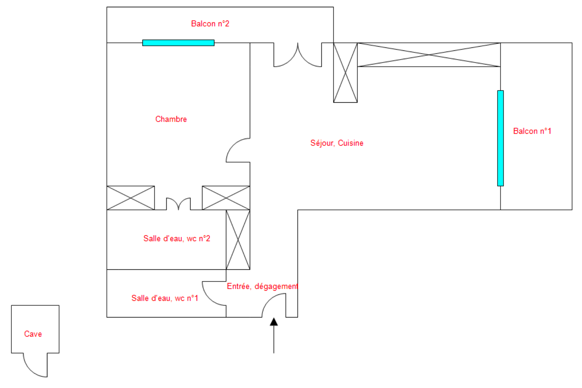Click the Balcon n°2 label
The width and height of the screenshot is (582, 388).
(210, 23)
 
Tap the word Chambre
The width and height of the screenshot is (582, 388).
(171, 119)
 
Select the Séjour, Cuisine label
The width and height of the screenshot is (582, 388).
(336, 143)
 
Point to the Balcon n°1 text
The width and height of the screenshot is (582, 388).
(532, 131)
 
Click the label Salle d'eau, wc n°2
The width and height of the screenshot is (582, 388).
(177, 238)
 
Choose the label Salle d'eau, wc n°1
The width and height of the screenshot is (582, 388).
(164, 298)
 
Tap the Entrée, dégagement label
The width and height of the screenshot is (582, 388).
(262, 286)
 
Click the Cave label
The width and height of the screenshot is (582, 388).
(33, 334)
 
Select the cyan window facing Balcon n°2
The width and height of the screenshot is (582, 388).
(178, 43)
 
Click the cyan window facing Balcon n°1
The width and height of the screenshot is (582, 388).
(500, 138)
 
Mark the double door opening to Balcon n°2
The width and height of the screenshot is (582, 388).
(298, 57)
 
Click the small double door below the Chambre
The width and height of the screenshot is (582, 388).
(178, 203)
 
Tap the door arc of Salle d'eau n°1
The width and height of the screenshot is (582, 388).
(212, 296)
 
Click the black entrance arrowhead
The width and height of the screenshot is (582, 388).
(274, 322)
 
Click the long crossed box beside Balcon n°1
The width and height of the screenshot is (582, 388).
(429, 55)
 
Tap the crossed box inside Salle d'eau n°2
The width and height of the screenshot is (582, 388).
(238, 239)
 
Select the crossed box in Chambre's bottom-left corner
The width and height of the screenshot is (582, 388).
(131, 198)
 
